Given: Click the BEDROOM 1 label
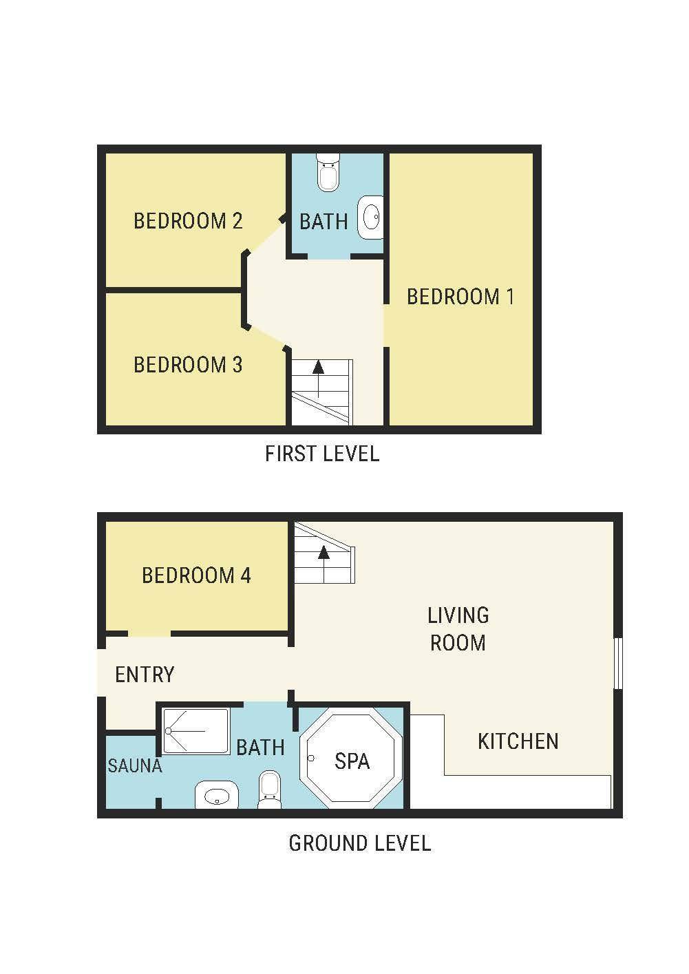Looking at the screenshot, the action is pyautogui.click(x=460, y=297).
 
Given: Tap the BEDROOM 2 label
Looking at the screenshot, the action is pyautogui.click(x=188, y=220).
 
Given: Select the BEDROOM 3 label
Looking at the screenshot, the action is pyautogui.click(x=188, y=364).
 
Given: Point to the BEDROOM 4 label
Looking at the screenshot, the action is pyautogui.click(x=196, y=575).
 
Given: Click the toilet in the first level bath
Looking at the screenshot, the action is pyautogui.click(x=328, y=172).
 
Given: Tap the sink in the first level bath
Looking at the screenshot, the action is pyautogui.click(x=370, y=217).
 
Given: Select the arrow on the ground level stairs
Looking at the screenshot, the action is pyautogui.click(x=324, y=564).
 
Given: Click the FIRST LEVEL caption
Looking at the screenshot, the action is pyautogui.click(x=322, y=454).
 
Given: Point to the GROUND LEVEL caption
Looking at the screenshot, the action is pyautogui.click(x=360, y=843).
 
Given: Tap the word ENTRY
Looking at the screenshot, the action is pyautogui.click(x=145, y=675).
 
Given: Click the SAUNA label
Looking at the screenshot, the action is pyautogui.click(x=135, y=765).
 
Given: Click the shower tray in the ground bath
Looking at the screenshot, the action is pyautogui.click(x=196, y=731).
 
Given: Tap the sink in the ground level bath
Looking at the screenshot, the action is pyautogui.click(x=217, y=794).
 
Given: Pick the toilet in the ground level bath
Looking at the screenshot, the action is pyautogui.click(x=268, y=790).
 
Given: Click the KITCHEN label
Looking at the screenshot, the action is pyautogui.click(x=518, y=741).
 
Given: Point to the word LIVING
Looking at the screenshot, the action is pyautogui.click(x=458, y=615).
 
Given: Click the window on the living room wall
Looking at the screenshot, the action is pyautogui.click(x=618, y=663).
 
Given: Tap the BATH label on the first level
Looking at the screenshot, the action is pyautogui.click(x=324, y=222).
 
